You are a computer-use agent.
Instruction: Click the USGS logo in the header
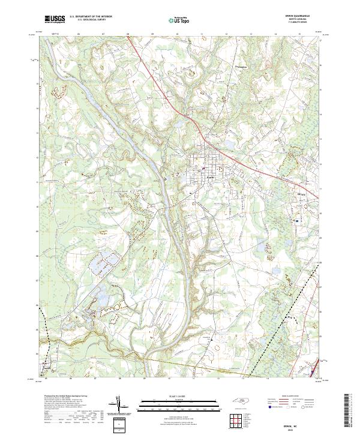point(55,20)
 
